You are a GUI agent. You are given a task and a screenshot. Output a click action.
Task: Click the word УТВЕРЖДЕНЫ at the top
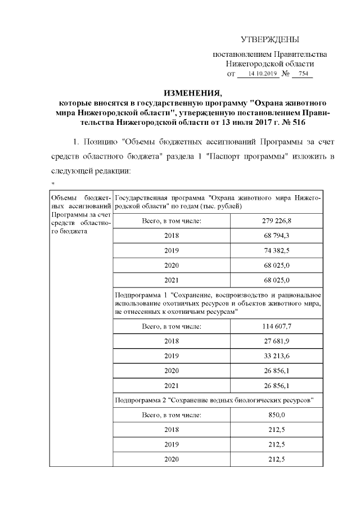click(270, 40)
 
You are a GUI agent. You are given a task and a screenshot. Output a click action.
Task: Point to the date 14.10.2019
click(259, 74)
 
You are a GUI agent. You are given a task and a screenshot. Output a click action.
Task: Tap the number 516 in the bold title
click(299, 121)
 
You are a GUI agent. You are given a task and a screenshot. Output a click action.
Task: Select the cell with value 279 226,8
click(276, 220)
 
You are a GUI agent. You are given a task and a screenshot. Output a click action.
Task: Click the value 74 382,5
click(276, 250)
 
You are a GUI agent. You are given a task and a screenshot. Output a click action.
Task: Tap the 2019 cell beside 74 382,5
click(172, 250)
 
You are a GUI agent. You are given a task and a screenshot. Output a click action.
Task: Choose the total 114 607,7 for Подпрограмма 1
click(276, 327)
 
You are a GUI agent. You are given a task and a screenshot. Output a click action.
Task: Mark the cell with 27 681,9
click(276, 341)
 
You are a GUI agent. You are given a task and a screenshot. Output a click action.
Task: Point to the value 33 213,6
click(276, 356)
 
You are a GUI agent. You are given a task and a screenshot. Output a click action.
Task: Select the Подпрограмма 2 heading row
click(217, 400)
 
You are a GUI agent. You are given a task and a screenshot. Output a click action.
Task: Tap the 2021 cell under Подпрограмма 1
click(172, 386)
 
